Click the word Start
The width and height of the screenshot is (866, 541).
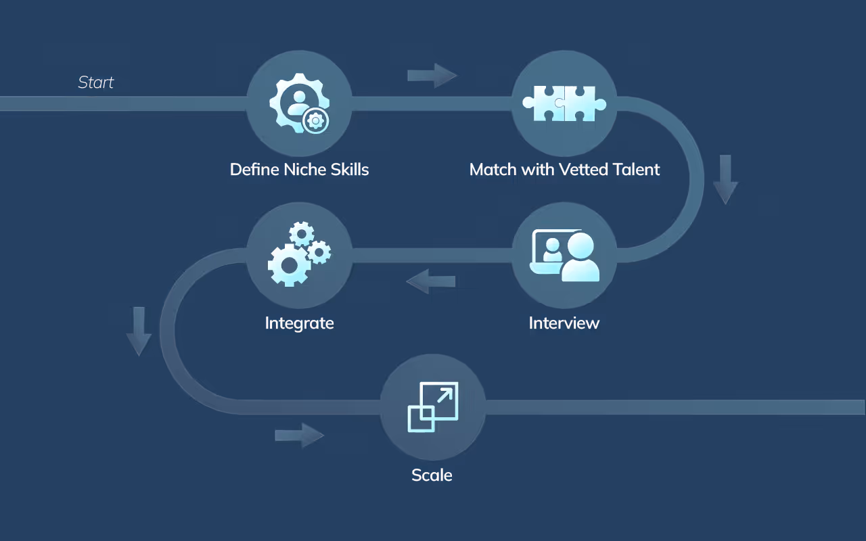(96, 83)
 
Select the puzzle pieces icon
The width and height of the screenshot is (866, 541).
(564, 103)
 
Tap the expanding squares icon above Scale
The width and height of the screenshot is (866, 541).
(433, 406)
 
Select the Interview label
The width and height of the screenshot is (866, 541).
(564, 323)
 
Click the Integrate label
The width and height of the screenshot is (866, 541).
(299, 323)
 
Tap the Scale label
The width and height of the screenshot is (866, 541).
(432, 475)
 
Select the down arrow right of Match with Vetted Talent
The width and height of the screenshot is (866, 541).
(725, 179)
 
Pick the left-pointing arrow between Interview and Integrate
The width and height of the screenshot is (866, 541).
(430, 281)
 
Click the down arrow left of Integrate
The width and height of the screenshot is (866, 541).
(139, 331)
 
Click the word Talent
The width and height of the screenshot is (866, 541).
(634, 169)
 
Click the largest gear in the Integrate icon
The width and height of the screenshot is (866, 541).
(289, 264)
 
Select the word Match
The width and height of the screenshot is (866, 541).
(493, 169)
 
